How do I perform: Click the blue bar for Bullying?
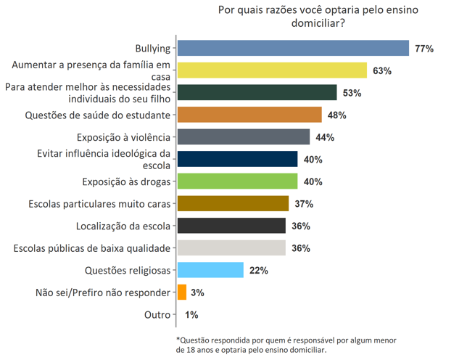pyautogui.click(x=294, y=49)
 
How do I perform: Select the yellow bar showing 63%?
pyautogui.click(x=272, y=70)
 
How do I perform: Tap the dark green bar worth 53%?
pyautogui.click(x=257, y=93)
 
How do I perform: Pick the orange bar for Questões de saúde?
pyautogui.click(x=249, y=115)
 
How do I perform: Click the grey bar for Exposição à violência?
pyautogui.click(x=244, y=137)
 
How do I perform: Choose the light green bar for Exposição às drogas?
pyautogui.click(x=237, y=181)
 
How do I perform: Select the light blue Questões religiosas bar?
pyautogui.click(x=210, y=270)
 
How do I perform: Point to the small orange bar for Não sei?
pyautogui.click(x=181, y=292)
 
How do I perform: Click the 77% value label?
pyautogui.click(x=424, y=49)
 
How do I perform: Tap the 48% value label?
pyautogui.click(x=337, y=115)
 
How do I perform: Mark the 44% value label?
pyautogui.click(x=325, y=137)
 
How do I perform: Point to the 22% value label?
pyautogui.click(x=259, y=270)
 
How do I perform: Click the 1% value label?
pyautogui.click(x=191, y=315)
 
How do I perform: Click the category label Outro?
pyautogui.click(x=157, y=315)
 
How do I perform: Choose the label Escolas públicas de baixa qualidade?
pyautogui.click(x=92, y=248)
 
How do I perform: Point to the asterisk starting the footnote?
pyautogui.click(x=178, y=339)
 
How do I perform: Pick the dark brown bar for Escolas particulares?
pyautogui.click(x=233, y=204)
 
